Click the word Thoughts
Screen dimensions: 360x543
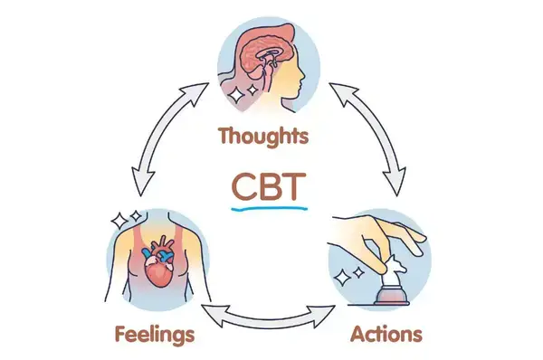click(x=263, y=137)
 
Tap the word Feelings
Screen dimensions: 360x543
click(x=155, y=335)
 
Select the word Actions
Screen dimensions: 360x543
click(x=386, y=335)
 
